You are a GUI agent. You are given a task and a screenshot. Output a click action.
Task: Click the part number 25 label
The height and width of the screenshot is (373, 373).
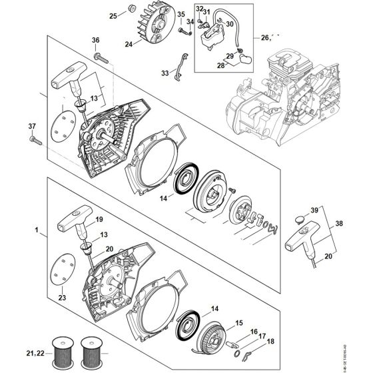(x=113, y=15)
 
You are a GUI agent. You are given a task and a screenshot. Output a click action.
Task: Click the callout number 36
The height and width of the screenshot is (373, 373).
(x=95, y=41)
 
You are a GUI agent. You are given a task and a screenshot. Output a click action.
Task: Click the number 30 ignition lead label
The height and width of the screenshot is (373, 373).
(x=230, y=24)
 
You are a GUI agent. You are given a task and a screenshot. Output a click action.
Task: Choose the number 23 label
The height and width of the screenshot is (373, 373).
(x=63, y=297)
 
